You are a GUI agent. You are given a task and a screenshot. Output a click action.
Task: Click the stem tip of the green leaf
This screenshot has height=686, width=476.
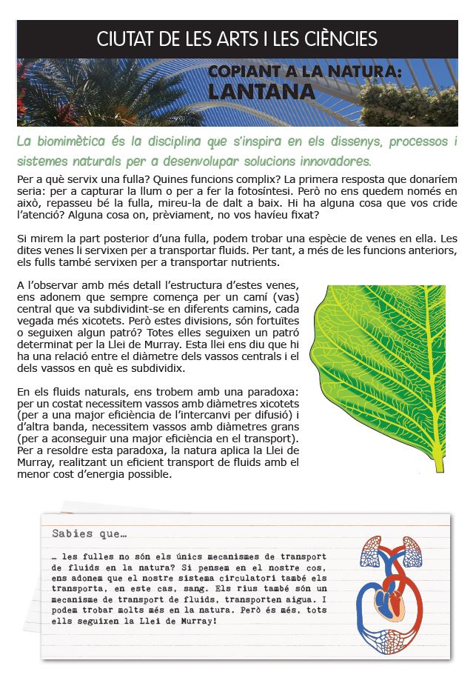tap(440, 467)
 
